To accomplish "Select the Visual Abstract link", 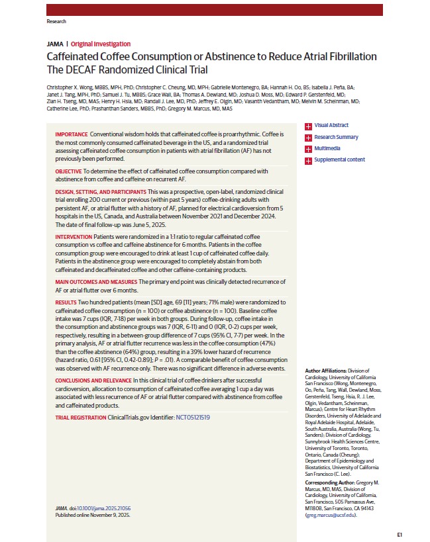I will (x=331, y=125).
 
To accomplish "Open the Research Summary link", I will (x=336, y=137).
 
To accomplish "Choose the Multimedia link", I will (x=328, y=148).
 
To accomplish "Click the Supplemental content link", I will (x=339, y=159).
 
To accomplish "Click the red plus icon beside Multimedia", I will (x=308, y=149).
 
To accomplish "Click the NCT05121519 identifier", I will (x=192, y=418).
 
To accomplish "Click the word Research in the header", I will (x=57, y=21).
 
